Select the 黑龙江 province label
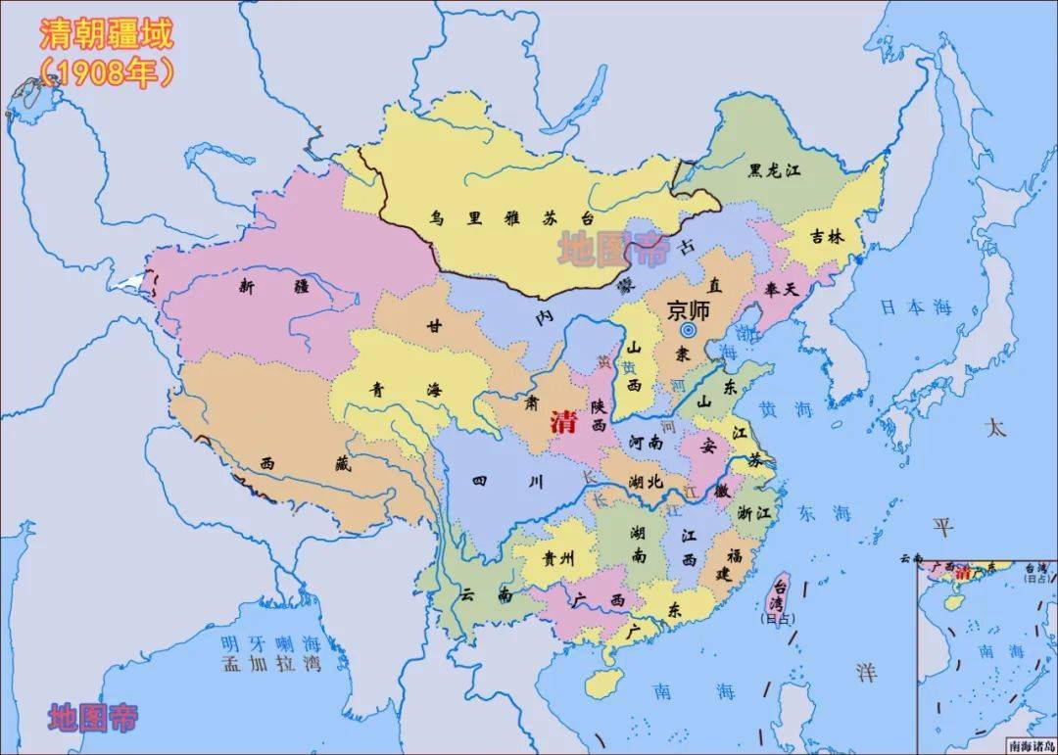[775, 170]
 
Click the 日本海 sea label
[915, 307]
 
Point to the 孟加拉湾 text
[270, 665]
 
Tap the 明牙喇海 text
[270, 643]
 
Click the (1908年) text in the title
[106, 71]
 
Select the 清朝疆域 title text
[106, 34]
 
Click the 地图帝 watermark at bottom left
[93, 717]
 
